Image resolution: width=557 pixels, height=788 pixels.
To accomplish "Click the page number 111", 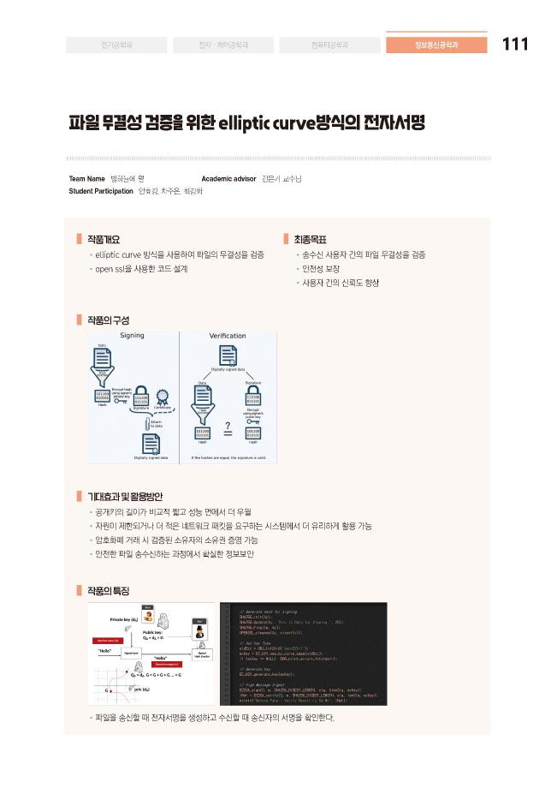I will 516,45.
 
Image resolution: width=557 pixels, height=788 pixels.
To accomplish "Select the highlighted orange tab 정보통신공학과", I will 436,45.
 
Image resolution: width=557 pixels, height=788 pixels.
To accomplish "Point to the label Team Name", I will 86,178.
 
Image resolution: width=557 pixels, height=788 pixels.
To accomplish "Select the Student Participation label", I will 101,190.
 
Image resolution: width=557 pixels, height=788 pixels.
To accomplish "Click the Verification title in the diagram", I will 228,335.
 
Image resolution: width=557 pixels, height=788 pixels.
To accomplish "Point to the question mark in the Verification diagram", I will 228,426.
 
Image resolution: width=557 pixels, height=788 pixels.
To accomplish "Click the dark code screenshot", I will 304,654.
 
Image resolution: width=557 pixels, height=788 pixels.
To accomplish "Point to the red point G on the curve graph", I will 109,689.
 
